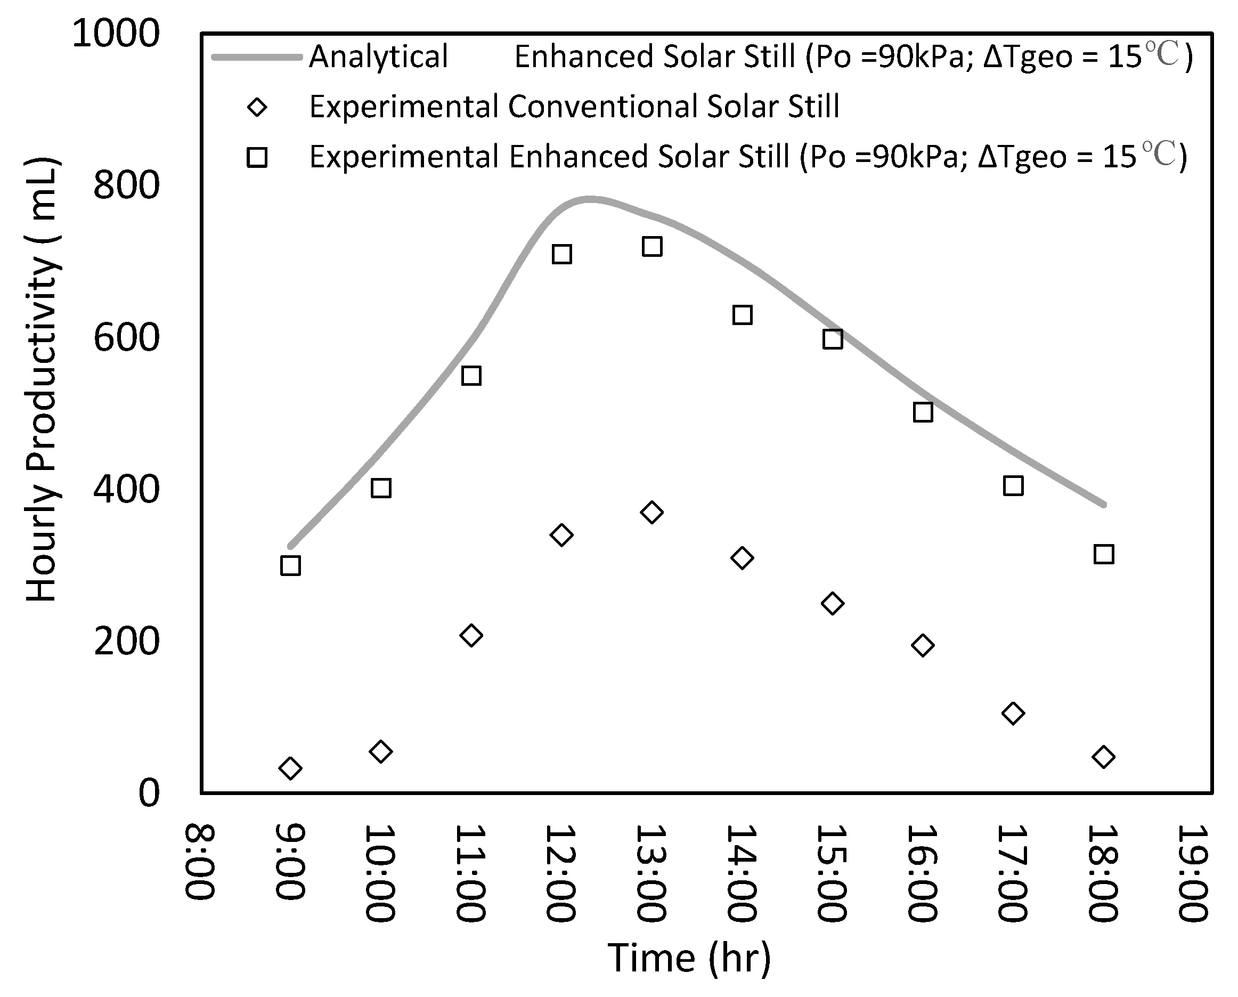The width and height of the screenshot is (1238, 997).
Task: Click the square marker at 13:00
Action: [651, 247]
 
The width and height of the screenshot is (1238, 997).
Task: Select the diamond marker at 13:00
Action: [651, 512]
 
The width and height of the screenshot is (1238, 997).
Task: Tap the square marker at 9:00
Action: [290, 566]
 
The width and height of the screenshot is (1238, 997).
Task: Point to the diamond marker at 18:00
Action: [1104, 757]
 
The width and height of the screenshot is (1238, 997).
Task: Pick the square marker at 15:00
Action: [833, 339]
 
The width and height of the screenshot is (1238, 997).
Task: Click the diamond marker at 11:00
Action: [471, 635]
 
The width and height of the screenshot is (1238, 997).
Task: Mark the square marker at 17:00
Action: [1013, 486]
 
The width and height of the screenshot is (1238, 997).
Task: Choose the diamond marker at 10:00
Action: [381, 751]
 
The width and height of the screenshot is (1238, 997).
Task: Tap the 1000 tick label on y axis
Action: [116, 34]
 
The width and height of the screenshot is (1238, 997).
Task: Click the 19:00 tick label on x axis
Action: [1193, 873]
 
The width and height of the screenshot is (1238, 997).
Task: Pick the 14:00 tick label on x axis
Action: [742, 873]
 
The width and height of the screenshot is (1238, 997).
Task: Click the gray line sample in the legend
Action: [257, 57]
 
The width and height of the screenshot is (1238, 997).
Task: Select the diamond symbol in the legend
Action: [257, 107]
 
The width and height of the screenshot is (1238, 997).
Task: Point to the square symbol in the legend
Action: [257, 157]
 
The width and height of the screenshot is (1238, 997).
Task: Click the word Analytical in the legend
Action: [378, 57]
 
